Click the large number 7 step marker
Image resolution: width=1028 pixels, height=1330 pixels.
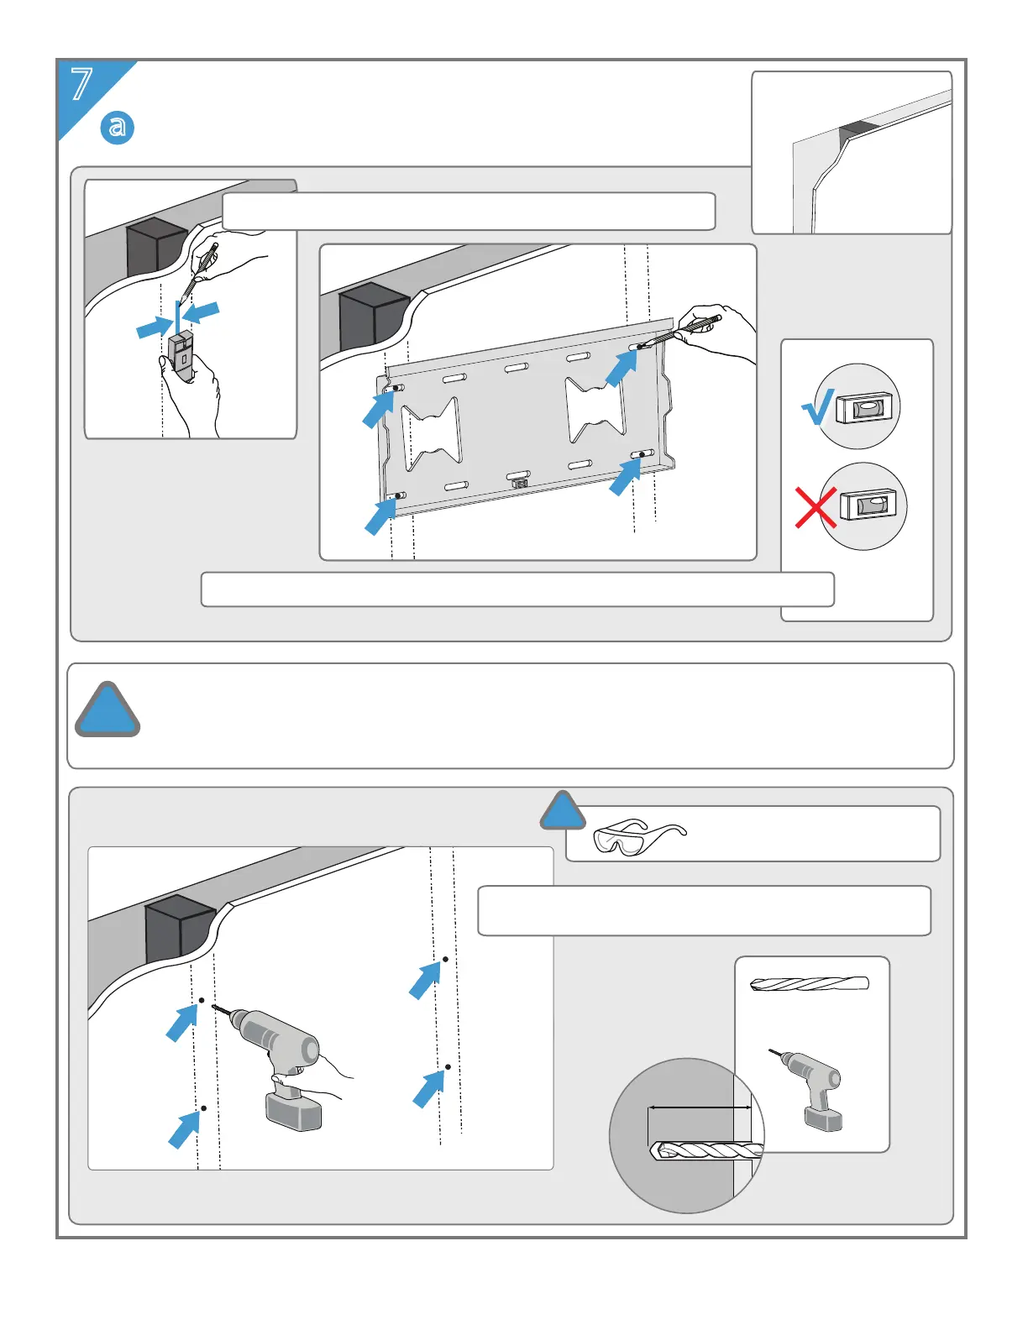81,85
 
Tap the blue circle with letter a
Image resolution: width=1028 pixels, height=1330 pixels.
118,127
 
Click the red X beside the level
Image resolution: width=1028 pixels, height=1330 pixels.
815,508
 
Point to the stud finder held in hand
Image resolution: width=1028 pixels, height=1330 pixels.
182,350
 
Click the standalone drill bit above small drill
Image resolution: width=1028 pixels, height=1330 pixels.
810,984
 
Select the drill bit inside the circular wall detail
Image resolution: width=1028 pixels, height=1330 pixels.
705,1151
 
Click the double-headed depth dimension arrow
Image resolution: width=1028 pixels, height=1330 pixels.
700,1108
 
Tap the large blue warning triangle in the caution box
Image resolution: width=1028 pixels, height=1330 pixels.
108,711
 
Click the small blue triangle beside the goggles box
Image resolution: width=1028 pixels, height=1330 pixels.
563,811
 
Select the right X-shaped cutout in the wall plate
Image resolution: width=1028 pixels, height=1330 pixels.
596,409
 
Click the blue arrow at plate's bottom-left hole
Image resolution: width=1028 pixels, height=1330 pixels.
380,514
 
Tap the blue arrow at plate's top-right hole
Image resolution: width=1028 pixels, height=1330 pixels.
622,367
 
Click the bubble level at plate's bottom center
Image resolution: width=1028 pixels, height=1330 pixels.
520,483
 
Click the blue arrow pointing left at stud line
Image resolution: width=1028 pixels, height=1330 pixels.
202,312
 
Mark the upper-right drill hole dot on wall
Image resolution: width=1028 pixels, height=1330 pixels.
445,959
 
